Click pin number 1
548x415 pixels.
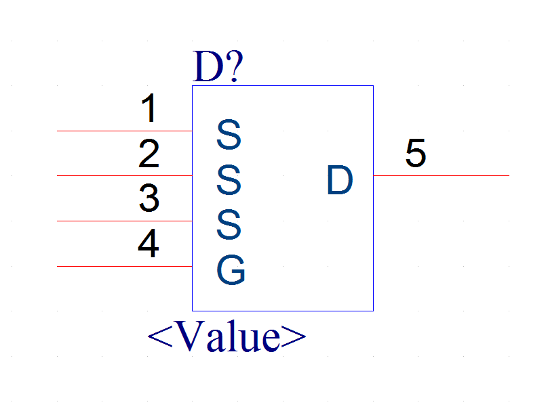(149, 108)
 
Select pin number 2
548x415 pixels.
(149, 154)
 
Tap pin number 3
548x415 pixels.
(149, 198)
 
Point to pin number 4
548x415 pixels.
(149, 243)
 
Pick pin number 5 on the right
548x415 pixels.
(416, 153)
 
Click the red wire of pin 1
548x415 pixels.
(125, 131)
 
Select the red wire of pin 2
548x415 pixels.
(125, 175)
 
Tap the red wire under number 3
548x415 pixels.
(125, 221)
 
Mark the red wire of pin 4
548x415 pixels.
(125, 266)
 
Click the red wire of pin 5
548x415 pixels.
(441, 175)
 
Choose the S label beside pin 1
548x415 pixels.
(229, 135)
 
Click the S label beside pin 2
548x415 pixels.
(229, 180)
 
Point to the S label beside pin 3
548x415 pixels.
(229, 225)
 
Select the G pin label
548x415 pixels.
(231, 270)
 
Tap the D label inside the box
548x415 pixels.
(340, 180)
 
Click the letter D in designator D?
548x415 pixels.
(208, 66)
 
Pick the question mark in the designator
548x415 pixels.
(234, 66)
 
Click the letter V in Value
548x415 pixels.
(191, 336)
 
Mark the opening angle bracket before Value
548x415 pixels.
(160, 336)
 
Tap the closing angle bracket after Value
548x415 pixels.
(294, 336)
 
